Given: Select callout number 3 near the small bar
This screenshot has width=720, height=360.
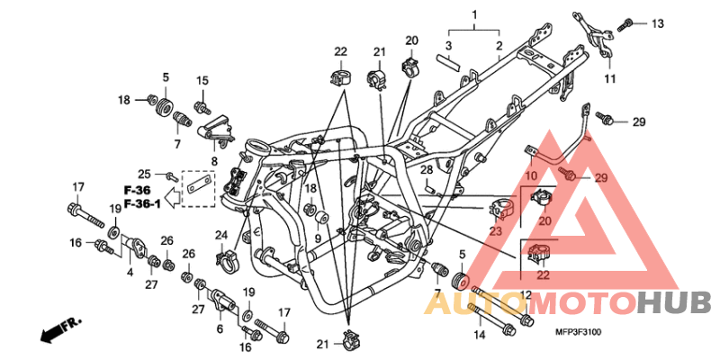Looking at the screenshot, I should pyautogui.click(x=448, y=45).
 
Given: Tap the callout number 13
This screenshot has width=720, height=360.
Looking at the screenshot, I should pyautogui.click(x=656, y=23).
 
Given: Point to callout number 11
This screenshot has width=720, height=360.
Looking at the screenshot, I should pyautogui.click(x=609, y=80).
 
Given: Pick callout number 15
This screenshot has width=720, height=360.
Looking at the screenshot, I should pyautogui.click(x=202, y=81).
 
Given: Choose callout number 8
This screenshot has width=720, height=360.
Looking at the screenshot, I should pyautogui.click(x=214, y=161).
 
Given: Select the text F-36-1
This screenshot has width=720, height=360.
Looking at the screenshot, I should pyautogui.click(x=142, y=204).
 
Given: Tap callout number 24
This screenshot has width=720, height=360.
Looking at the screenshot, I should pyautogui.click(x=220, y=236).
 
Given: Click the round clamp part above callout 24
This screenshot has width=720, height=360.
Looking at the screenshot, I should pyautogui.click(x=229, y=262).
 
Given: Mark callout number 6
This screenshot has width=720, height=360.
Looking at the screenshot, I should pyautogui.click(x=220, y=329).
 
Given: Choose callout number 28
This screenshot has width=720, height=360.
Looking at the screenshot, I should pyautogui.click(x=426, y=170).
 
